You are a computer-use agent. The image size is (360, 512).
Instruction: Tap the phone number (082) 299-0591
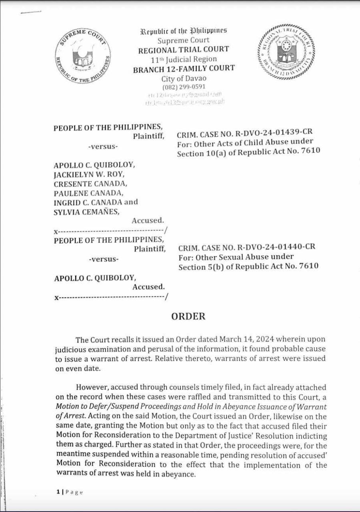pyautogui.click(x=184, y=87)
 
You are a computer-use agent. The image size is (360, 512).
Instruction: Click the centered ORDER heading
pyautogui.click(x=188, y=316)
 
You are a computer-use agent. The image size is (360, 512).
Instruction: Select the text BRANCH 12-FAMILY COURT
pyautogui.click(x=184, y=68)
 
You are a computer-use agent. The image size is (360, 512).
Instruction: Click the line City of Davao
pyautogui.click(x=184, y=78)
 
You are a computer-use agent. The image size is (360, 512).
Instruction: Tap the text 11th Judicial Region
pyautogui.click(x=184, y=59)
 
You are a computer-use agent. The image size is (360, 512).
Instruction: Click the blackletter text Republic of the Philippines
pyautogui.click(x=184, y=31)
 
